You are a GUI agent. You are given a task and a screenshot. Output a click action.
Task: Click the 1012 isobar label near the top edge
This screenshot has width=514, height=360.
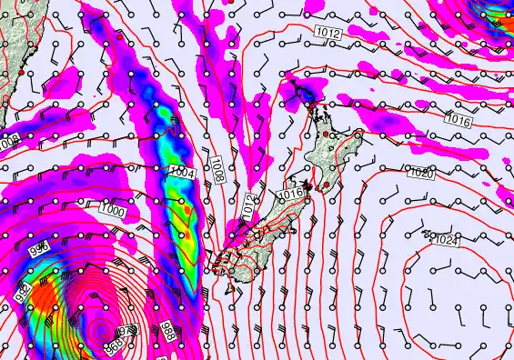pyautogui.click(x=329, y=34)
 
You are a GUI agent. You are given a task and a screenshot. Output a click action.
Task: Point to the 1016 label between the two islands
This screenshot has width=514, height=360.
pyautogui.click(x=290, y=193)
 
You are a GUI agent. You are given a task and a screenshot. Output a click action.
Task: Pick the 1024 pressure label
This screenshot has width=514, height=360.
pyautogui.click(x=445, y=239)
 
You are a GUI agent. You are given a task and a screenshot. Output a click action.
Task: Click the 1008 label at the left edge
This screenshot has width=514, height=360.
pyautogui.click(x=8, y=143)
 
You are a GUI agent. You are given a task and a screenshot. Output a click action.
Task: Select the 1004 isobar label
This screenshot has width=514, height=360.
pyautogui.click(x=180, y=172)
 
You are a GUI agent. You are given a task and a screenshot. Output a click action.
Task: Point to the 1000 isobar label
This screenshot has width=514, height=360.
pyautogui.click(x=113, y=211)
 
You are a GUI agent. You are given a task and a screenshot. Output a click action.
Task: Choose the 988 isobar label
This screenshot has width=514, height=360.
pyautogui.click(x=168, y=331)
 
